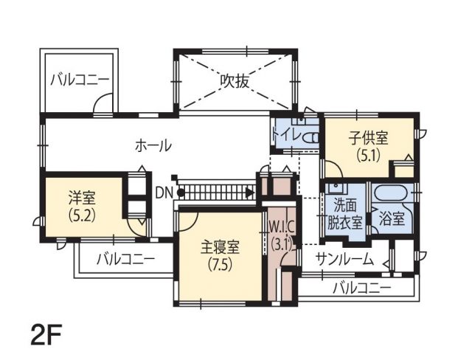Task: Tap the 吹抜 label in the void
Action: [235, 81]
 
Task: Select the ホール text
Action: [153, 146]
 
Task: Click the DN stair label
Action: [164, 193]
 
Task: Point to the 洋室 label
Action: [82, 198]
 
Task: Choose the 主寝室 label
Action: [220, 247]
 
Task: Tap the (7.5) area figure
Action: [221, 265]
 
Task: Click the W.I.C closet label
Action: [281, 228]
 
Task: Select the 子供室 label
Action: [369, 138]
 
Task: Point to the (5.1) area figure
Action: [369, 156]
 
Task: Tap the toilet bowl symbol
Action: [310, 139]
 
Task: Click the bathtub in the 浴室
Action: [390, 192]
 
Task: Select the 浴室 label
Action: [392, 218]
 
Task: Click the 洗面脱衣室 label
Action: [344, 214]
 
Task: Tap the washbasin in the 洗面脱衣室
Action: [336, 188]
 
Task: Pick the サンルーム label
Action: [345, 259]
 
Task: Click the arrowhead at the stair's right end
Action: [249, 193]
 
